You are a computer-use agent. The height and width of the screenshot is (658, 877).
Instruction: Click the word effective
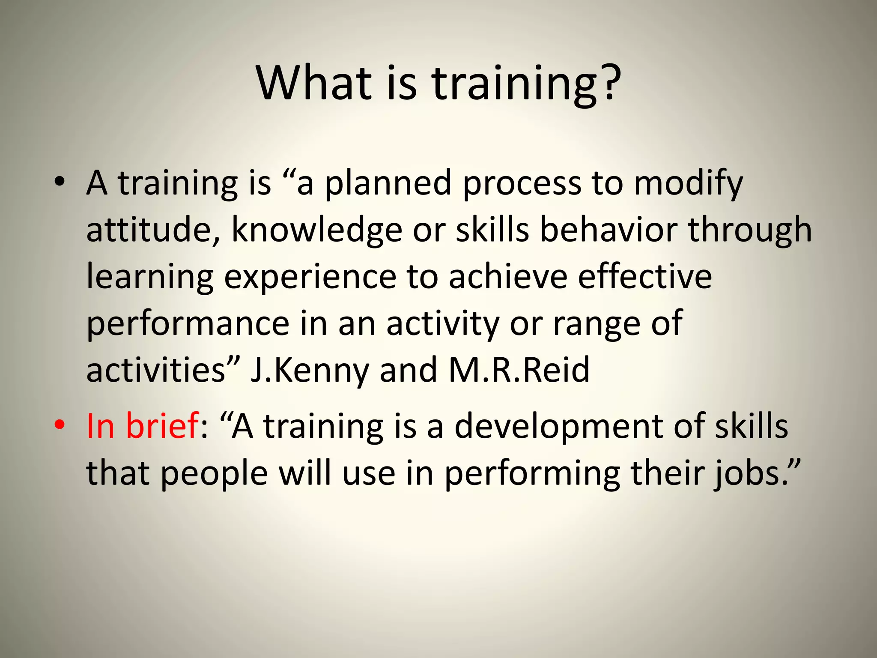click(644, 276)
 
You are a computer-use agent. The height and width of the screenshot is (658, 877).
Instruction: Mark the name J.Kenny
click(309, 371)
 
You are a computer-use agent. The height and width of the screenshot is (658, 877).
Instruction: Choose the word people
click(214, 475)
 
